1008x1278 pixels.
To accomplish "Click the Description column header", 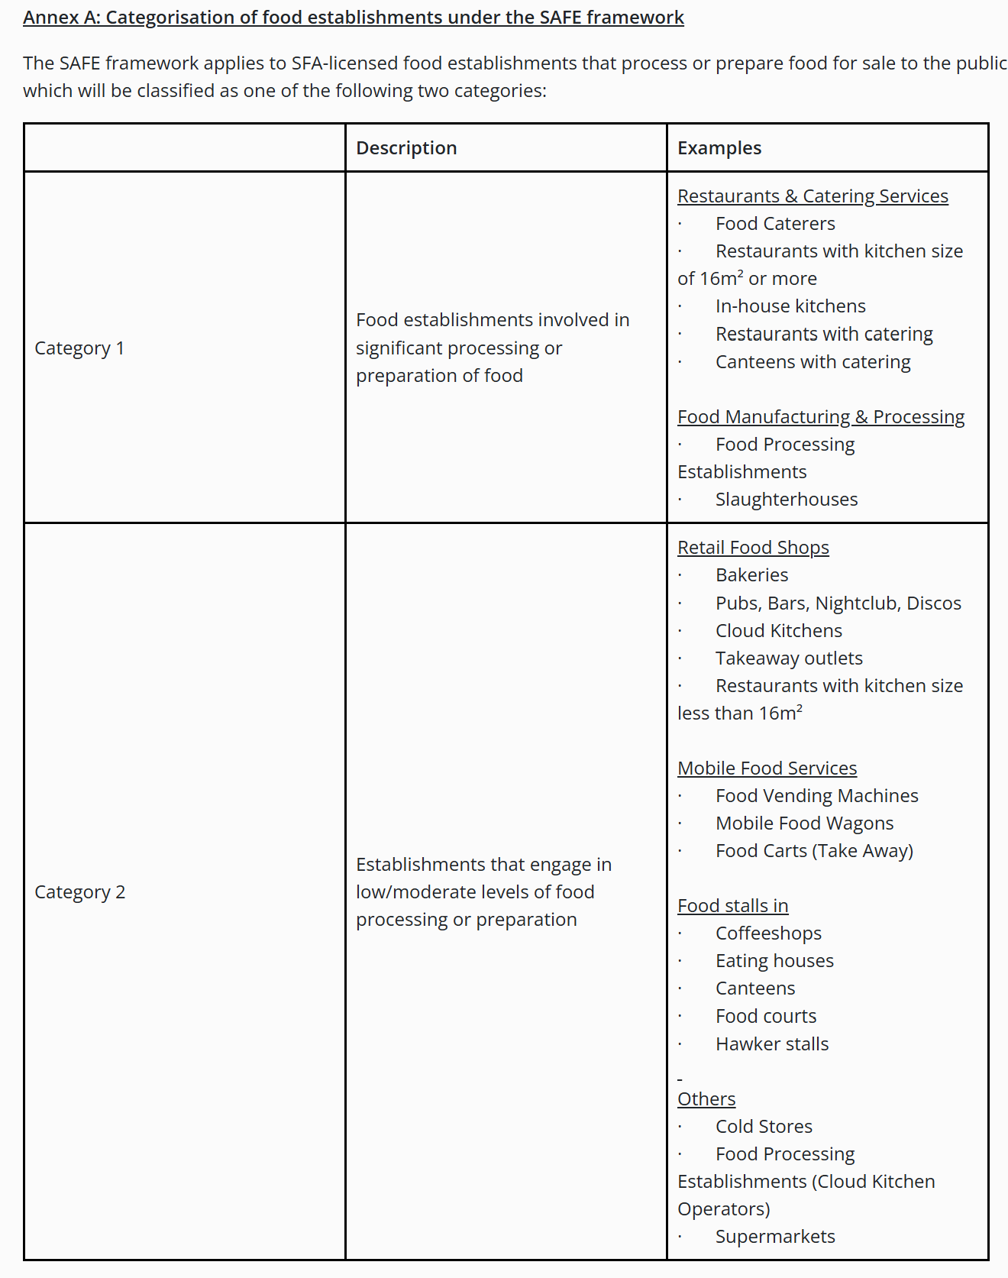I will [406, 148].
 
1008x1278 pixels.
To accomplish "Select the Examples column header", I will [719, 148].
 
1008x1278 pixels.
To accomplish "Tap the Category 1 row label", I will [79, 348].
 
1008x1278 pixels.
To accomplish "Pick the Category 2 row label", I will [80, 892].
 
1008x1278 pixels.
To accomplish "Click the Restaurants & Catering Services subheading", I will [813, 196].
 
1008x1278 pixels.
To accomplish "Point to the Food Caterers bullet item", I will [775, 224].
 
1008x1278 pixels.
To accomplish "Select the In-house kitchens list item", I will [790, 306].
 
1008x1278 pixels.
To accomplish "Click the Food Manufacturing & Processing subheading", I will [821, 417].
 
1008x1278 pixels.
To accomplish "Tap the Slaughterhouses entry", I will [787, 500].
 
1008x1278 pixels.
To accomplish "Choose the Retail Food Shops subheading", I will [753, 548].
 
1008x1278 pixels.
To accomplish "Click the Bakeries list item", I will [751, 575].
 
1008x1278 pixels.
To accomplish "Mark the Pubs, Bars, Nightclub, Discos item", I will [838, 603].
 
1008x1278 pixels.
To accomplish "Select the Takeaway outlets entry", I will [789, 658].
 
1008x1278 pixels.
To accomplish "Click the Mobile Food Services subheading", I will [767, 768].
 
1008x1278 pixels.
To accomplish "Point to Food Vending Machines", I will [816, 796].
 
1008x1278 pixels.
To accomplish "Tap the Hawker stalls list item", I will [772, 1044].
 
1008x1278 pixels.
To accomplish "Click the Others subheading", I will [706, 1099].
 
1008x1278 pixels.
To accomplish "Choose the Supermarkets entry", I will [775, 1237].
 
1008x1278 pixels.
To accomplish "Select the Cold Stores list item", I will [764, 1127].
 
